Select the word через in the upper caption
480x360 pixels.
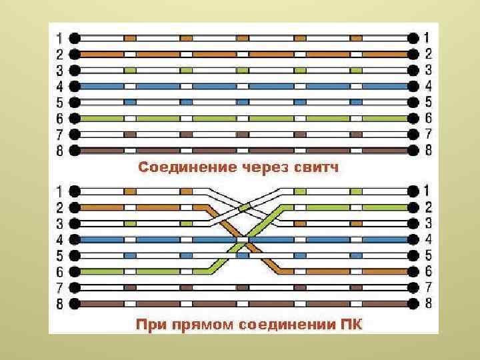click(x=265, y=167)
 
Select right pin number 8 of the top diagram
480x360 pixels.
click(x=427, y=151)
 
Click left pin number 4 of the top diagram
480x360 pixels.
click(x=59, y=86)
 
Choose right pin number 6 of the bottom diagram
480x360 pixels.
click(x=427, y=271)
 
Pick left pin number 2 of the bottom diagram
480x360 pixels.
click(x=59, y=207)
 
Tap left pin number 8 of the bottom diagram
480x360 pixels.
click(x=59, y=305)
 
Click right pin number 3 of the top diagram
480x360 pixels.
click(x=427, y=69)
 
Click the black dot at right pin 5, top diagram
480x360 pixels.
click(x=413, y=102)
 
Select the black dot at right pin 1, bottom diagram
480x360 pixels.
click(x=413, y=191)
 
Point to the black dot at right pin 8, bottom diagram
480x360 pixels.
click(x=413, y=304)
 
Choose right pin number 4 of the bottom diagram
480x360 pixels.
click(x=427, y=239)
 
